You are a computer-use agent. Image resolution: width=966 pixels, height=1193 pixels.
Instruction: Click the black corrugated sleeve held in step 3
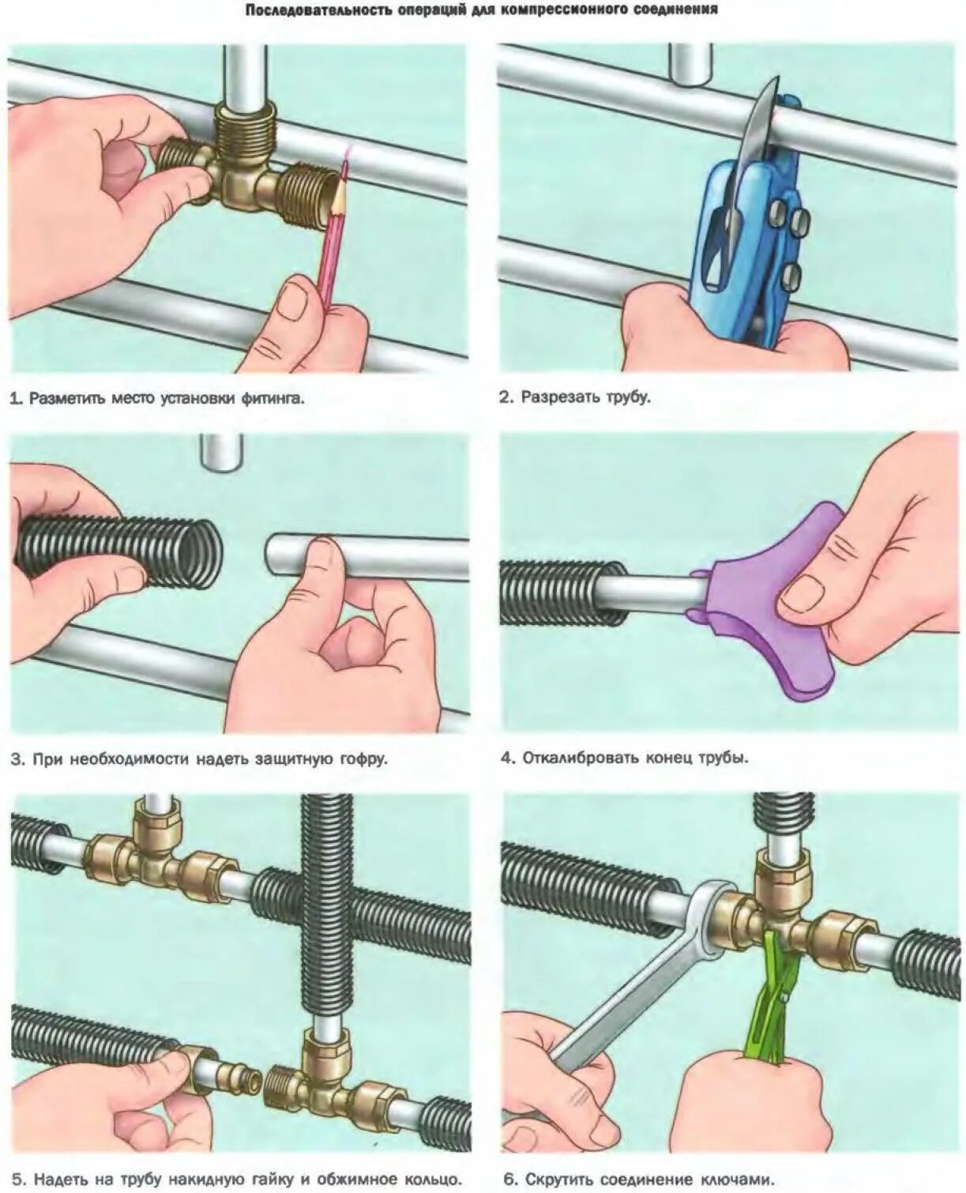point(118,549)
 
